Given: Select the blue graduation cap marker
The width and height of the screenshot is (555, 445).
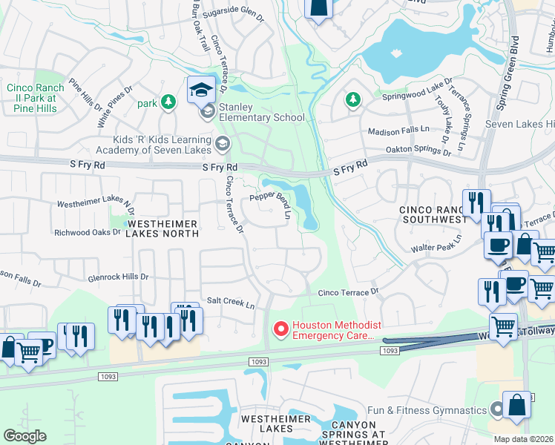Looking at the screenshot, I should click(200, 90).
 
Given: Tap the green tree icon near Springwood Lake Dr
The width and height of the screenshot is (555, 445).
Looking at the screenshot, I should click(353, 99).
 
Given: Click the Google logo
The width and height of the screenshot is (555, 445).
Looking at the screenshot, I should click(25, 436).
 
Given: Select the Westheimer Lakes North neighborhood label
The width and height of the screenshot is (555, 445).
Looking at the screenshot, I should click(163, 228).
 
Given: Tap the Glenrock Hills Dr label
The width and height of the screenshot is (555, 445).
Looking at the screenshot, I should click(118, 277).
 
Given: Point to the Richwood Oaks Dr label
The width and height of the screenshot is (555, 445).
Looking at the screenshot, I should click(87, 232).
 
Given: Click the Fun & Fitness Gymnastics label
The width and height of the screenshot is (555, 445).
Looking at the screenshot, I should click(427, 409).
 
